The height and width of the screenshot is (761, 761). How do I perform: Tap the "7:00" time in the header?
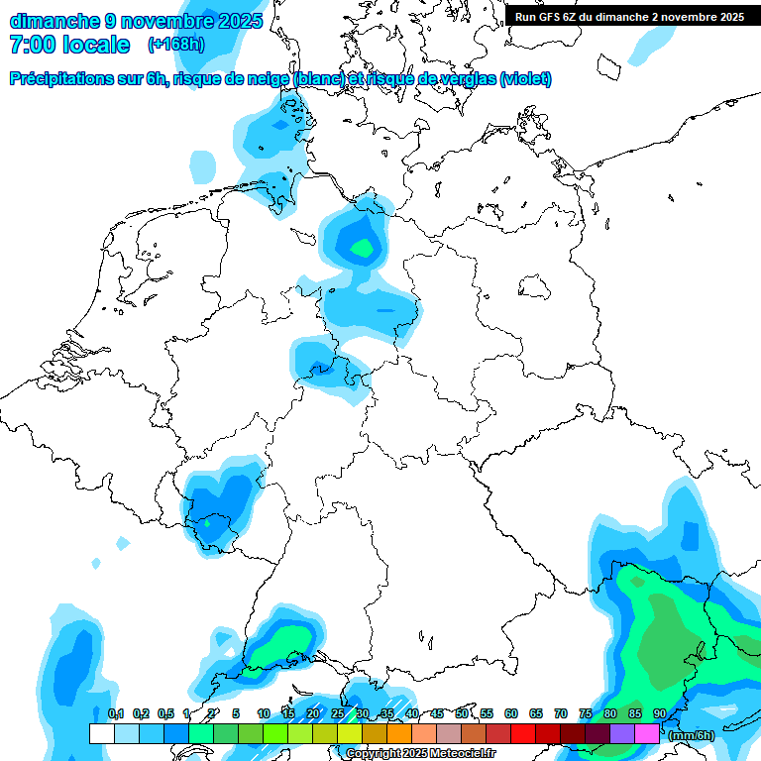point(31,45)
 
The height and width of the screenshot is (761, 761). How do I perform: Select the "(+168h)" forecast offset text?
point(176,45)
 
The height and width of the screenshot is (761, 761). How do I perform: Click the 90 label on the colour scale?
point(659,713)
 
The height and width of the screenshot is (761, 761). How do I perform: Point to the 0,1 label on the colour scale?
point(115,713)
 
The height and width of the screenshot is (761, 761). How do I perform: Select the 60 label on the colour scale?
point(511,713)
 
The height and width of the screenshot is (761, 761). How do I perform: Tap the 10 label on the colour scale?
point(264,713)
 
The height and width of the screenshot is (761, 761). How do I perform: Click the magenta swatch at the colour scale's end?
point(647,733)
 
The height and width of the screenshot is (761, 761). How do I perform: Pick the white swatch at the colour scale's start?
point(101,733)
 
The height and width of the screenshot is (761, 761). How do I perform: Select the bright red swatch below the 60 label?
point(522,733)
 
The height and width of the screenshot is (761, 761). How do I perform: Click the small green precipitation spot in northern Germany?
point(363,247)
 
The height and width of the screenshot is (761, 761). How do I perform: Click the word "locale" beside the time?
point(96,45)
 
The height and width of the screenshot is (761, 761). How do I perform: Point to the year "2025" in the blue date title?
point(239,21)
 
